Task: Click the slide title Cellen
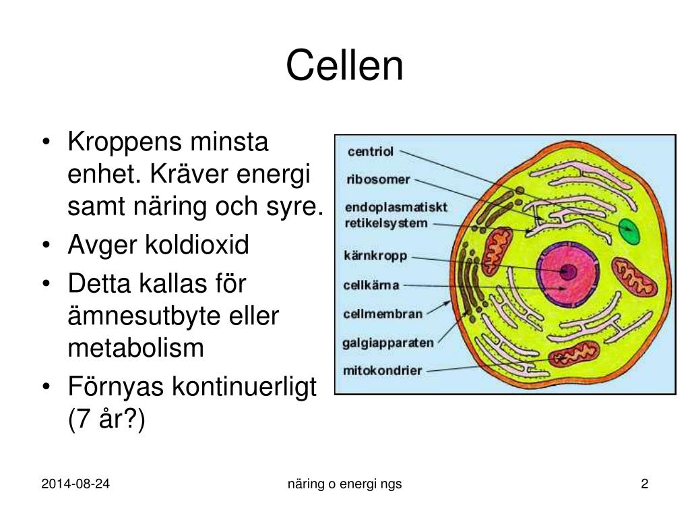(x=344, y=66)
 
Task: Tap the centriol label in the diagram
(x=370, y=151)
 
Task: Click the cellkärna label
(x=371, y=285)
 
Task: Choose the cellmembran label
(x=383, y=313)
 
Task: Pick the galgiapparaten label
(x=388, y=343)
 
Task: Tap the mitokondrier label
(x=382, y=370)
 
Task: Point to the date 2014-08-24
(x=75, y=484)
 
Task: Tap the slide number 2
(x=644, y=484)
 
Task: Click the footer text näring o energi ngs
(x=344, y=484)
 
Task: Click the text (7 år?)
(x=106, y=420)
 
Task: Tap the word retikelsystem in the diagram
(x=386, y=223)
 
